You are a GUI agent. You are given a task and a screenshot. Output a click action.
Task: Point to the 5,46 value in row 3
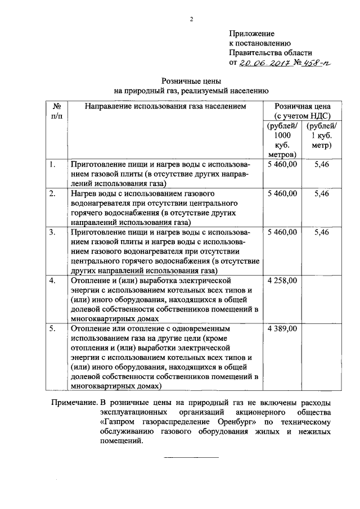click(322, 232)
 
